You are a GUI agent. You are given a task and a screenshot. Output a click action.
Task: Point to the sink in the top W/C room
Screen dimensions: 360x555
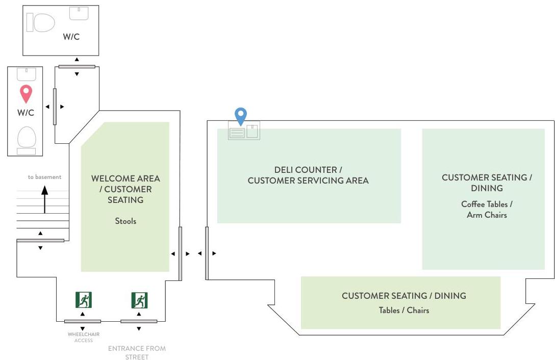[79, 13]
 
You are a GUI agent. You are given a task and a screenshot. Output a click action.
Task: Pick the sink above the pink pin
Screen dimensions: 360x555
[26, 74]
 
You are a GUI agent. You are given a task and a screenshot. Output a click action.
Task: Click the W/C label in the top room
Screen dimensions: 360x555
[71, 37]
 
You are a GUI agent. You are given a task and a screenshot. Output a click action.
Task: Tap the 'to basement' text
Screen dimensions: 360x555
[44, 177]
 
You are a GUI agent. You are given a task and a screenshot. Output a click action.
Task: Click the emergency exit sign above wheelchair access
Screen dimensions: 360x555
[83, 300]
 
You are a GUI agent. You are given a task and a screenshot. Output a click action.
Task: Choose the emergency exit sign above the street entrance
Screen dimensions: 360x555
[139, 300]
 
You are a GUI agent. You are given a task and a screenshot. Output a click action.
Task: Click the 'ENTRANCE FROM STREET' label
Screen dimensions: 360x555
[137, 352]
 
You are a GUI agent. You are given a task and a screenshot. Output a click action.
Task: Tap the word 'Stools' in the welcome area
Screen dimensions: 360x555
[125, 221]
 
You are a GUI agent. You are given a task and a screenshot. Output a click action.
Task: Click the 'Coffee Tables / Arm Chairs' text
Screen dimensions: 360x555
[487, 210]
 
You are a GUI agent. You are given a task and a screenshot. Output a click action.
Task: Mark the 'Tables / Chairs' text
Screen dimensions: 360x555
[403, 310]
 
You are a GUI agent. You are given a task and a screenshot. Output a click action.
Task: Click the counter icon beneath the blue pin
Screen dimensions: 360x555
[244, 132]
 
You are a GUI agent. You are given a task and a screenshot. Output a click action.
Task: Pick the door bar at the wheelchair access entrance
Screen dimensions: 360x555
[83, 321]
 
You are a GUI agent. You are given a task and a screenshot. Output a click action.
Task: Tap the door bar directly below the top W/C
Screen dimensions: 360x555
[77, 66]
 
